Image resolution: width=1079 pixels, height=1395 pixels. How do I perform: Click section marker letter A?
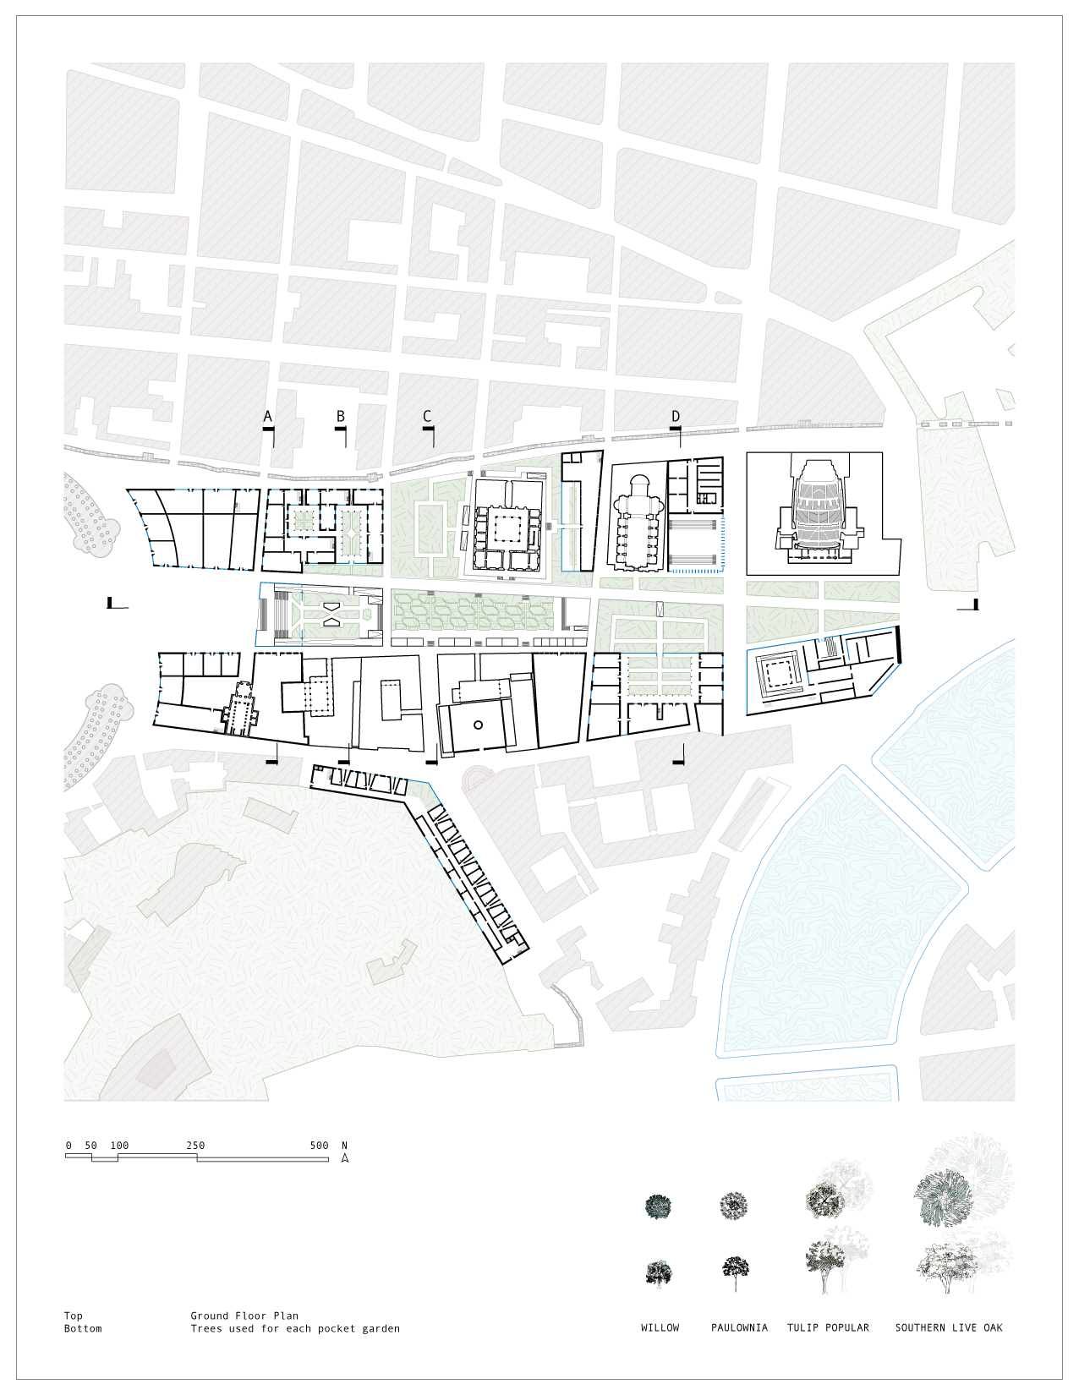(268, 416)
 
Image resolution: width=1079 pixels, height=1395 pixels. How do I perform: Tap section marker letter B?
(341, 416)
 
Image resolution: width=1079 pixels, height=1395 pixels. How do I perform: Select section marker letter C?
(427, 416)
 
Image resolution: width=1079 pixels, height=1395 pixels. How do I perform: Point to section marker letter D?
(676, 416)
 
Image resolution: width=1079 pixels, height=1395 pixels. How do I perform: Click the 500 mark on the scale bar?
(319, 1146)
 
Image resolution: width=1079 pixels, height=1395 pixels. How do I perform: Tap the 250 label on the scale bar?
(195, 1146)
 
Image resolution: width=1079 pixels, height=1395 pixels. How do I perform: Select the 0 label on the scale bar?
(68, 1146)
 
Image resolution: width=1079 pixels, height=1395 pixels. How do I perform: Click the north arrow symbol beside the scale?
(345, 1157)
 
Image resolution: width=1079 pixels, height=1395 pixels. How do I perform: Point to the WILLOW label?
(660, 1327)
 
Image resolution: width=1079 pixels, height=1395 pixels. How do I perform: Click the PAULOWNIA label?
(739, 1327)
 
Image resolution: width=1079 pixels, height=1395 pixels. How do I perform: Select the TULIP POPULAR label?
(828, 1327)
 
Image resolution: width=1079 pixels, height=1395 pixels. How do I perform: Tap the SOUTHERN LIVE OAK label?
(949, 1327)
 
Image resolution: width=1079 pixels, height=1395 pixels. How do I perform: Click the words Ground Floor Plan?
(244, 1316)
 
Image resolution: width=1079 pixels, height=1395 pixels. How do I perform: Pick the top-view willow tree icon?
(658, 1206)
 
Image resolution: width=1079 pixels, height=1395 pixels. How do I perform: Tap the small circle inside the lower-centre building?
(478, 725)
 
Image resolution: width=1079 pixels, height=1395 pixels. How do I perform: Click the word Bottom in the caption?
(83, 1328)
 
